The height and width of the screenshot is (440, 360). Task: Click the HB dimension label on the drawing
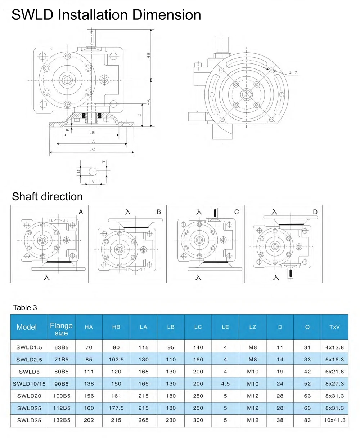click(148, 55)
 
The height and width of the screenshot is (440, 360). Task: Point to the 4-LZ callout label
click(293, 73)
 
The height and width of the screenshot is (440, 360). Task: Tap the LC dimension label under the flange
click(92, 150)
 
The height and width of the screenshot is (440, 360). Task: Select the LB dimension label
click(92, 133)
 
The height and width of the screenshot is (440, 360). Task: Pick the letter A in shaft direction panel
click(81, 212)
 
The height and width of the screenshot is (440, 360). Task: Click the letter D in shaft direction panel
click(315, 212)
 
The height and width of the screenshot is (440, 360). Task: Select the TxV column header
click(334, 327)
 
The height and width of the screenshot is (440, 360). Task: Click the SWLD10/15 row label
click(29, 384)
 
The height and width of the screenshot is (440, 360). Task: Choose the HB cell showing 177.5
click(116, 408)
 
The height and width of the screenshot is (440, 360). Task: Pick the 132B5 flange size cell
click(61, 420)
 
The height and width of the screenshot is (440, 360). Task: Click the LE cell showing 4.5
click(225, 384)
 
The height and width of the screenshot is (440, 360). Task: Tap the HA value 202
click(89, 420)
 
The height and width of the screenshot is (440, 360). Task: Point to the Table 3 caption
click(25, 308)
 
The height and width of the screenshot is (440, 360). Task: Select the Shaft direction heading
click(47, 197)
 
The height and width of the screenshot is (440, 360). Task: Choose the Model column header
click(27, 327)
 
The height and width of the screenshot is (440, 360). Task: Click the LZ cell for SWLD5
click(253, 372)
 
